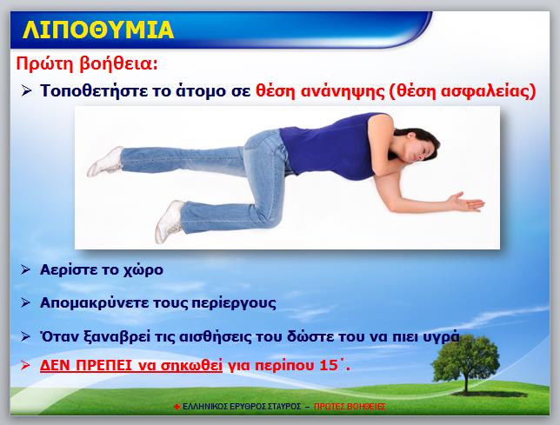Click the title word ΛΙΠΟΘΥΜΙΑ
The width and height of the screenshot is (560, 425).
coord(98,30)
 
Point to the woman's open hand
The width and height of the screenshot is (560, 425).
coord(466,203)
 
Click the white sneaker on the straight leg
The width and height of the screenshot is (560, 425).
coord(106,162)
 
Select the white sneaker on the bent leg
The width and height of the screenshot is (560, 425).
coord(170,221)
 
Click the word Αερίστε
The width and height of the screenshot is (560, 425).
coord(67,269)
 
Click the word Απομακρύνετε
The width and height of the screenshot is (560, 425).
coord(94,303)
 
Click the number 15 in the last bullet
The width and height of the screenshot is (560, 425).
coord(328,365)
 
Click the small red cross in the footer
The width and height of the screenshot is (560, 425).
coord(177,407)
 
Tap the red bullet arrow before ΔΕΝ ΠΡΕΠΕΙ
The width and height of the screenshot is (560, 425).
coord(25,365)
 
